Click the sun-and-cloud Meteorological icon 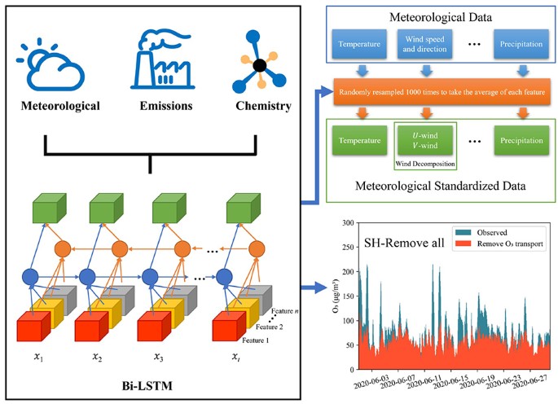(x=55, y=63)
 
